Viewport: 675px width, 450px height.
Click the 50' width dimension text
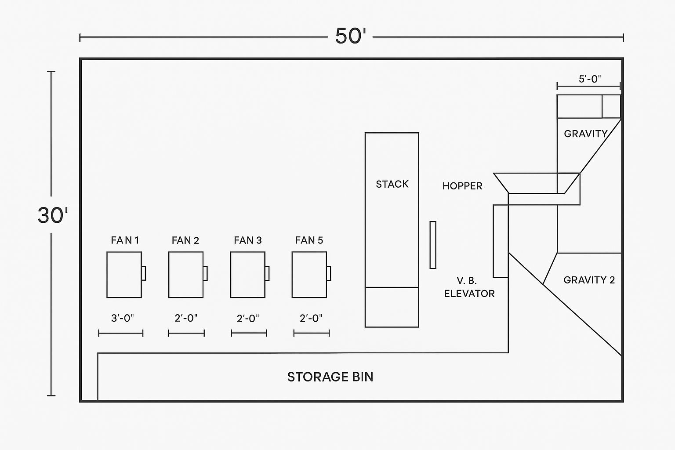point(350,36)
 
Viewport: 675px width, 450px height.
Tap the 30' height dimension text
point(53,215)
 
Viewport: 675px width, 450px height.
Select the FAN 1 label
point(125,240)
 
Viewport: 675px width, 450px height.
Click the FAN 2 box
point(186,275)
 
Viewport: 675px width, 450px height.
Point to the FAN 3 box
point(248,275)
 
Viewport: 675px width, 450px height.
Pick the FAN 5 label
point(309,240)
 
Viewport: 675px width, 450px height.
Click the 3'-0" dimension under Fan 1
point(122,318)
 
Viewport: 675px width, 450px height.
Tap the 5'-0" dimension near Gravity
point(590,79)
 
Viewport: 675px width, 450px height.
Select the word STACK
point(392,184)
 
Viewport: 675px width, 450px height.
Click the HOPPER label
point(462,186)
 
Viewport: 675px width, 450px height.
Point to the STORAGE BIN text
point(330,377)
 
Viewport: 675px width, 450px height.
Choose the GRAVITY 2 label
point(589,280)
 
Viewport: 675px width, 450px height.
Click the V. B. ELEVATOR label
point(469,287)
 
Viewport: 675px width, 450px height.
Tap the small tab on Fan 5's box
point(329,273)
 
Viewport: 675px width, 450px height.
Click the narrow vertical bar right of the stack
point(433,245)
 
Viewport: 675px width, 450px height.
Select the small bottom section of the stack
point(392,307)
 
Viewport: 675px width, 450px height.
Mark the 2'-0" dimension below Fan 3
point(248,318)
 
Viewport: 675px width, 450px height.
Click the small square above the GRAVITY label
point(611,106)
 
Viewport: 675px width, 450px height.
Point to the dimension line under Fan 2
point(186,334)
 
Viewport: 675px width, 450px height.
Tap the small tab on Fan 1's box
point(144,273)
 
